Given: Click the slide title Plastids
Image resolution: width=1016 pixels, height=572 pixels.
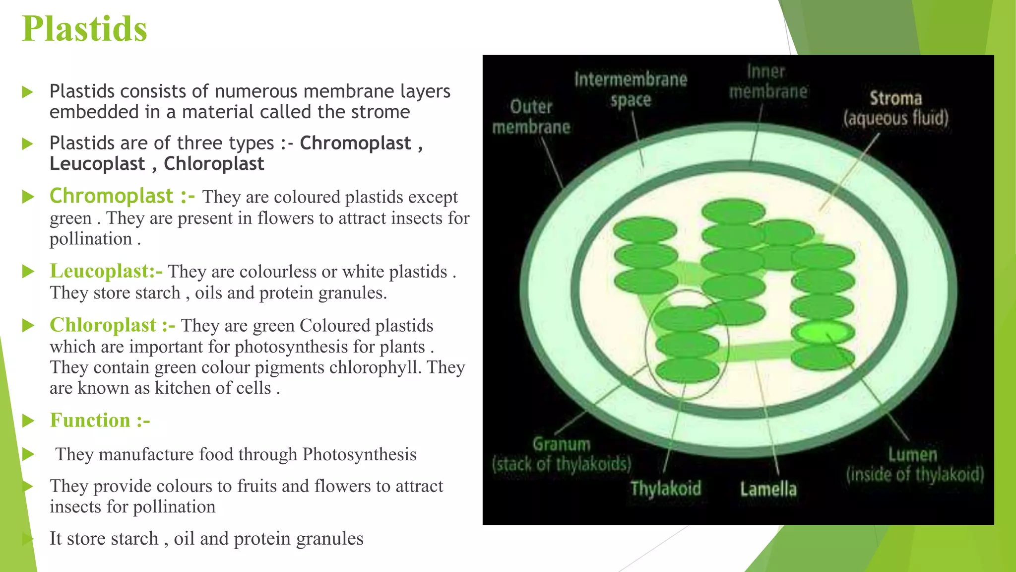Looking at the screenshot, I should tap(85, 29).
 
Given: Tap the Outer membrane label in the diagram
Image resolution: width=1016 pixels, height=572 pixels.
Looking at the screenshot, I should tap(531, 117).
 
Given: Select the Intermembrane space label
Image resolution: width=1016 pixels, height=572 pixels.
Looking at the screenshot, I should tap(631, 89).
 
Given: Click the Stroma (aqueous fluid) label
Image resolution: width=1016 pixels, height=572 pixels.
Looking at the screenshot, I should tap(895, 108).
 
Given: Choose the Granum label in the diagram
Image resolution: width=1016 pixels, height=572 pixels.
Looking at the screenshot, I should tap(562, 454).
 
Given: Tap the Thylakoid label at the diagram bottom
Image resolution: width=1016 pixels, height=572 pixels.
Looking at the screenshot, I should tap(666, 489).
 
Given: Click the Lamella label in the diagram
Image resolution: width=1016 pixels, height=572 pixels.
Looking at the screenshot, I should tap(768, 489).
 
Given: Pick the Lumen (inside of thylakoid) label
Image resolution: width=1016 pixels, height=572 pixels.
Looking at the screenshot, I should tap(914, 465).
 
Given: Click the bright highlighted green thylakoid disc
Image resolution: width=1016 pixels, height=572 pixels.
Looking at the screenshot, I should tap(823, 331).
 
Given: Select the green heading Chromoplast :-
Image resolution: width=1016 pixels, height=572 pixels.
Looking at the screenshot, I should tap(122, 196).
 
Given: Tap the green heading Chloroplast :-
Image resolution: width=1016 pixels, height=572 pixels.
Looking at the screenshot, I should tap(112, 325).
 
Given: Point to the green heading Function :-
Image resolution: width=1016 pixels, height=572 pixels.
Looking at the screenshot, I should tap(100, 421).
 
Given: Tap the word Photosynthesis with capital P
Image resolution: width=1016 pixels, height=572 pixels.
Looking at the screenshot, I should tap(359, 454).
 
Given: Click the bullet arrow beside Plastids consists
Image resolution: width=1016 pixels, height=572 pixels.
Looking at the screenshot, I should tap(28, 92).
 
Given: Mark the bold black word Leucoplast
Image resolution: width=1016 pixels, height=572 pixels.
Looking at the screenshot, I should tap(97, 164).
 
